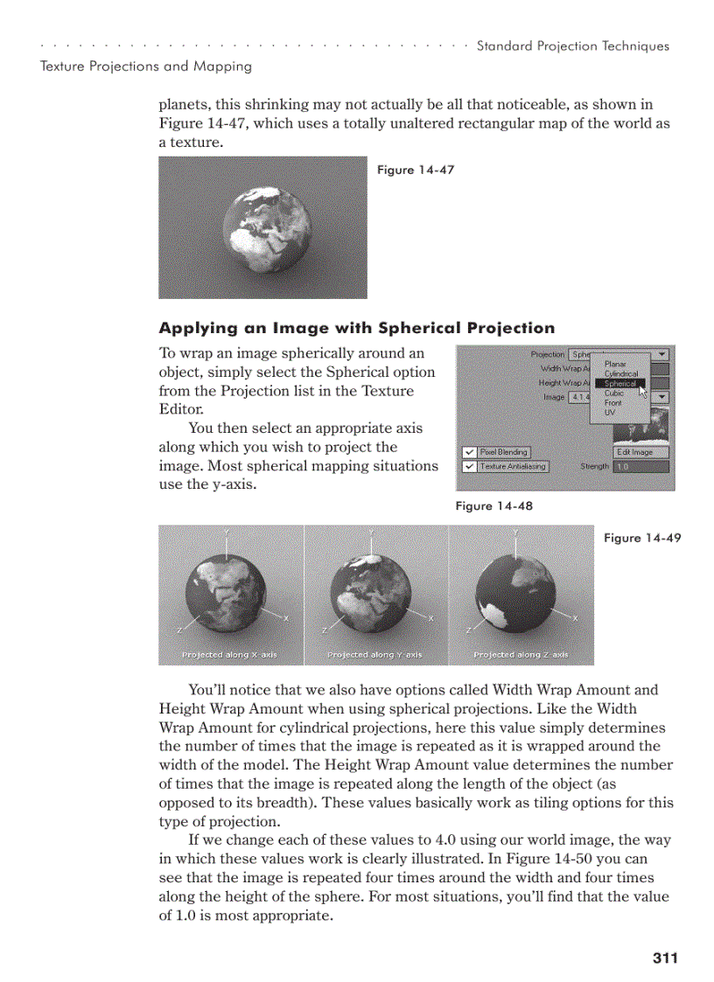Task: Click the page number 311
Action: pyautogui.click(x=665, y=958)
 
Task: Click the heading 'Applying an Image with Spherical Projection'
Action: pyautogui.click(x=356, y=328)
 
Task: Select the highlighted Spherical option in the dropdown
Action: pyautogui.click(x=620, y=383)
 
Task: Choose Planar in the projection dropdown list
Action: pyautogui.click(x=615, y=364)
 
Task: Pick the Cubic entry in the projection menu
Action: pyautogui.click(x=614, y=393)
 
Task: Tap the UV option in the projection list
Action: pyautogui.click(x=610, y=412)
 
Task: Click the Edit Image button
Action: pyautogui.click(x=640, y=452)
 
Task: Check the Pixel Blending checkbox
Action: pyautogui.click(x=470, y=452)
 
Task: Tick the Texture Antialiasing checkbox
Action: pyautogui.click(x=470, y=467)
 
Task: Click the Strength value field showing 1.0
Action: pyautogui.click(x=640, y=467)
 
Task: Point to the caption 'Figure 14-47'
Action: pyautogui.click(x=415, y=170)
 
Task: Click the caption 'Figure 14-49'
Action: pyautogui.click(x=641, y=538)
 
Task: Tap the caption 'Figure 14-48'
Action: pyautogui.click(x=493, y=505)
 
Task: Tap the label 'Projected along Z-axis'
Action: pyautogui.click(x=521, y=654)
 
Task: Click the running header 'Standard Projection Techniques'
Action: pyautogui.click(x=572, y=46)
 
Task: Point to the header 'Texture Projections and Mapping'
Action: pyautogui.click(x=146, y=66)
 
